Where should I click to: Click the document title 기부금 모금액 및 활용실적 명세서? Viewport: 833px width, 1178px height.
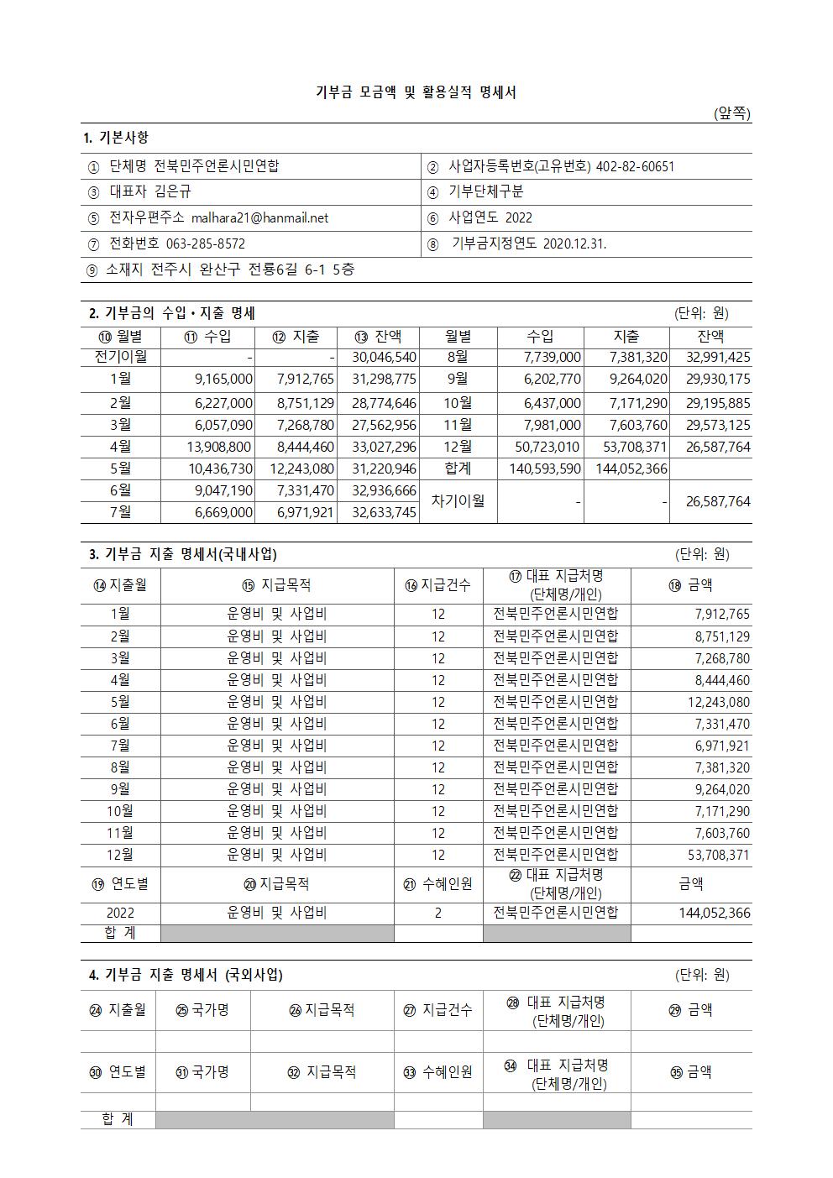click(416, 92)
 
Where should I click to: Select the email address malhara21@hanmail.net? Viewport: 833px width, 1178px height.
click(259, 218)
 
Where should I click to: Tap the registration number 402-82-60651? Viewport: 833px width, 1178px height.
click(635, 166)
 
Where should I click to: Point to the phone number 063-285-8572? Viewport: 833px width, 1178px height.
click(200, 244)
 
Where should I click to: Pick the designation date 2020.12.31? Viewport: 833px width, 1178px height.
click(574, 244)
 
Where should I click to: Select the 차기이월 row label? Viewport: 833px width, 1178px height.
click(458, 501)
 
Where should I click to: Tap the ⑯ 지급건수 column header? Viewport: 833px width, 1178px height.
click(437, 585)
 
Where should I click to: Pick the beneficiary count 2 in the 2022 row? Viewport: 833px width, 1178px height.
click(438, 913)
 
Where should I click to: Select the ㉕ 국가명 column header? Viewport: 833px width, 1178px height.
click(202, 1010)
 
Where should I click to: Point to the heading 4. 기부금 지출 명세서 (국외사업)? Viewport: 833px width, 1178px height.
click(186, 975)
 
